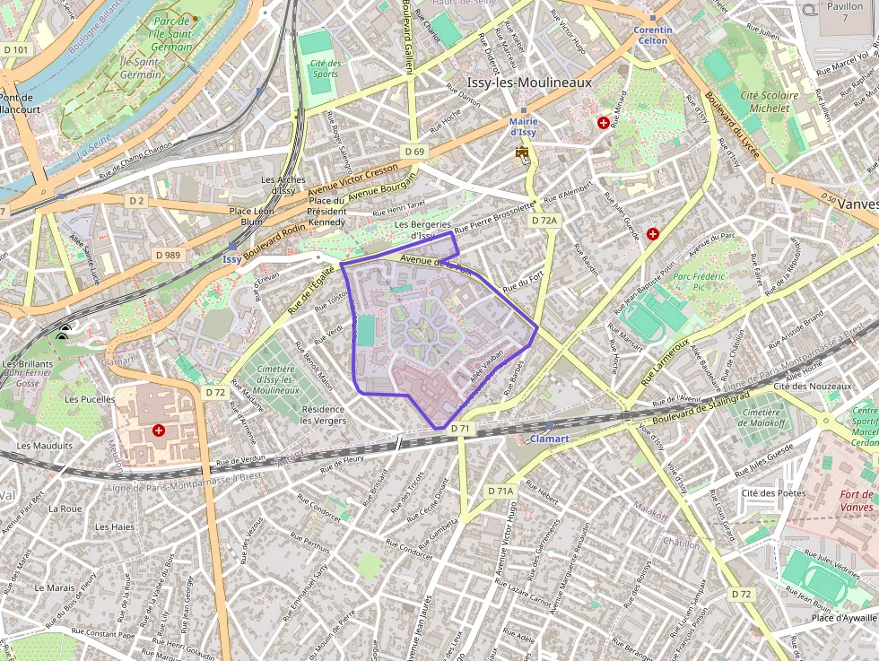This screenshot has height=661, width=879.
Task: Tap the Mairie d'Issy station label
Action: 523,126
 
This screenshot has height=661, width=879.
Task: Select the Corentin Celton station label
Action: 652,35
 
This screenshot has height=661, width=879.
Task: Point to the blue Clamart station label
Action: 550,439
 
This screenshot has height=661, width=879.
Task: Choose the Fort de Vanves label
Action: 856,500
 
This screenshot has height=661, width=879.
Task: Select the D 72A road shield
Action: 544,221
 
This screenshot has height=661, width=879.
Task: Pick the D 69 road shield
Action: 413,152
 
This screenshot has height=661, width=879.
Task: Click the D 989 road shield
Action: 168,255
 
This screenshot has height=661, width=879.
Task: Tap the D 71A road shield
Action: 501,491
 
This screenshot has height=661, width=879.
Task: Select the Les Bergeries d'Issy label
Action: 415,230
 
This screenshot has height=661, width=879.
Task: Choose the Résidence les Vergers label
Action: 323,414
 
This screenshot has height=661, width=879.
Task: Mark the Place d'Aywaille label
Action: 844,617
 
